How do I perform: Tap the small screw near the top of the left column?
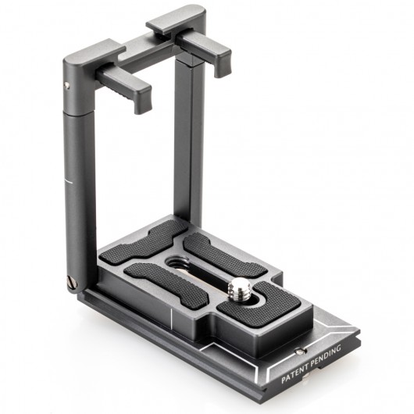pos(67,84)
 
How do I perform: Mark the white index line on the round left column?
pos(68,181)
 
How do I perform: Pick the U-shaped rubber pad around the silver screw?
pos(262,304)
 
